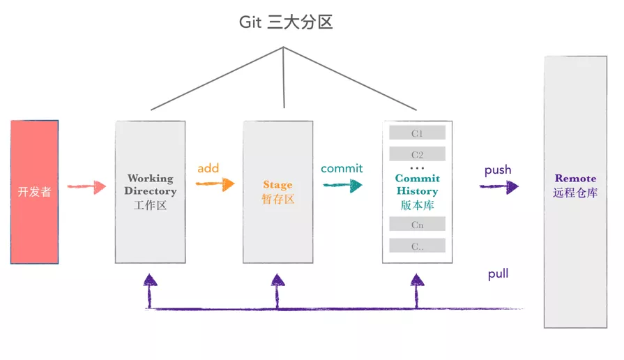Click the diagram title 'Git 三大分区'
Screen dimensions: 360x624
pos(286,22)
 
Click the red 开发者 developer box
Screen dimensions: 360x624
pos(35,192)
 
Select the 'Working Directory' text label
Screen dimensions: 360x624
pos(150,185)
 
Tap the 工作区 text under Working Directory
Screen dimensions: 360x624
pos(150,206)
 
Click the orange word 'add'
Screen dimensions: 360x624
pos(208,168)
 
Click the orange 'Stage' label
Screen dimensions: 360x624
pos(277,185)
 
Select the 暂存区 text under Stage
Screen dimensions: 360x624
pos(277,200)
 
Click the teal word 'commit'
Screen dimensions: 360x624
pos(342,168)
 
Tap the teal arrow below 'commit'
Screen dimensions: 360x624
pos(342,185)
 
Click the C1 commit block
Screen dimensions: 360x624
pos(417,133)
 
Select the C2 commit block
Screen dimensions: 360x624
pos(417,155)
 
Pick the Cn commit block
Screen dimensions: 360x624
pos(417,225)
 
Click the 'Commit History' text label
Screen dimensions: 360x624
pos(417,185)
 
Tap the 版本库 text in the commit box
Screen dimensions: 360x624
pos(417,206)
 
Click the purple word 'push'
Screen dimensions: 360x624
pos(498,170)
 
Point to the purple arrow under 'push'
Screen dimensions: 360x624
pos(499,186)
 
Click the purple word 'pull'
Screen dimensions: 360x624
pos(498,274)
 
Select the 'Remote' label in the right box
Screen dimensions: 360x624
pos(575,179)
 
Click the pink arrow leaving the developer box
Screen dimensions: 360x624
pos(86,186)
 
